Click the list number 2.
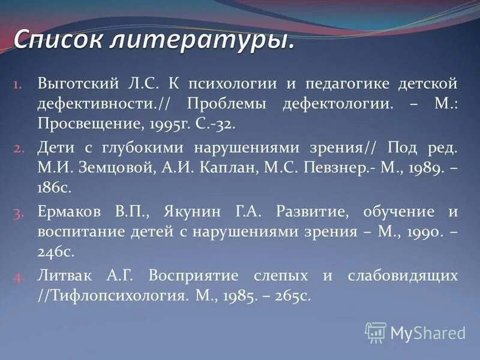click(x=17, y=147)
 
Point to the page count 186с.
click(x=54, y=188)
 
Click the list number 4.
click(x=17, y=276)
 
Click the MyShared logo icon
click(x=376, y=332)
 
